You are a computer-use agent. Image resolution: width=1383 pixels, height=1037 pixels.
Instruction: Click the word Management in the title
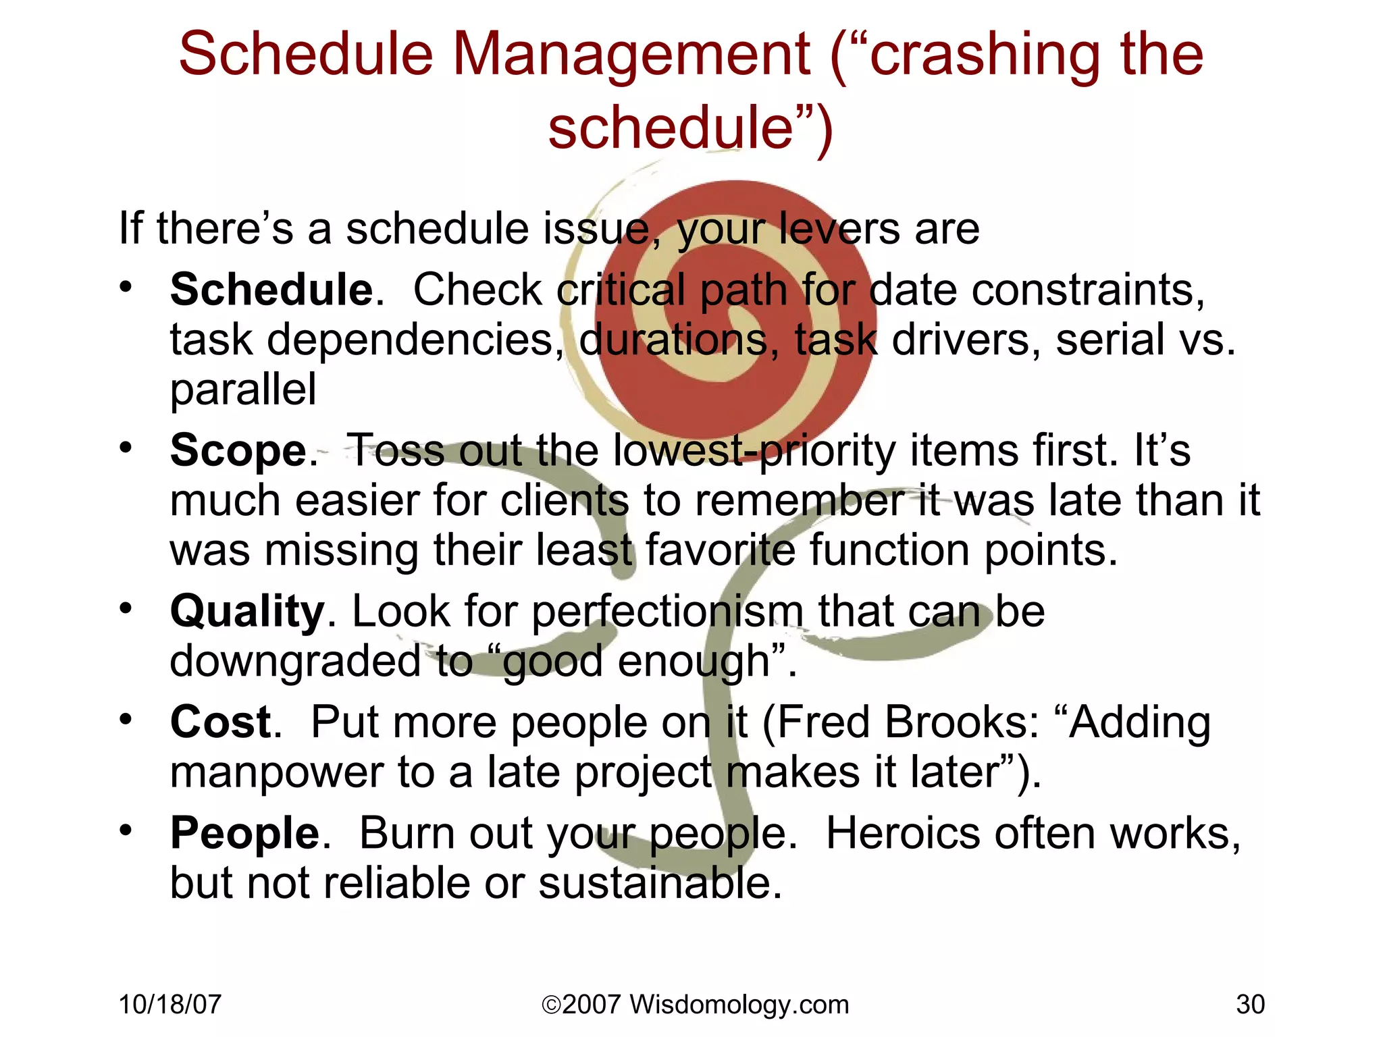click(x=631, y=55)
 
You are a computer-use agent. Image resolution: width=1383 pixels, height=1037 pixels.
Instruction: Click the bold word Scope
click(x=239, y=450)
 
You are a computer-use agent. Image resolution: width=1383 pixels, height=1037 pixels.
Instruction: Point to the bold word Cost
click(x=221, y=722)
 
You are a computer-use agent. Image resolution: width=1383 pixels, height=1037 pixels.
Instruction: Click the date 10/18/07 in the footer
click(x=169, y=1005)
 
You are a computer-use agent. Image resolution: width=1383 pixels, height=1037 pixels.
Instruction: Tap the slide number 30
click(x=1250, y=1005)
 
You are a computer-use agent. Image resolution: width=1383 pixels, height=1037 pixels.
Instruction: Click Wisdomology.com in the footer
click(x=739, y=1005)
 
